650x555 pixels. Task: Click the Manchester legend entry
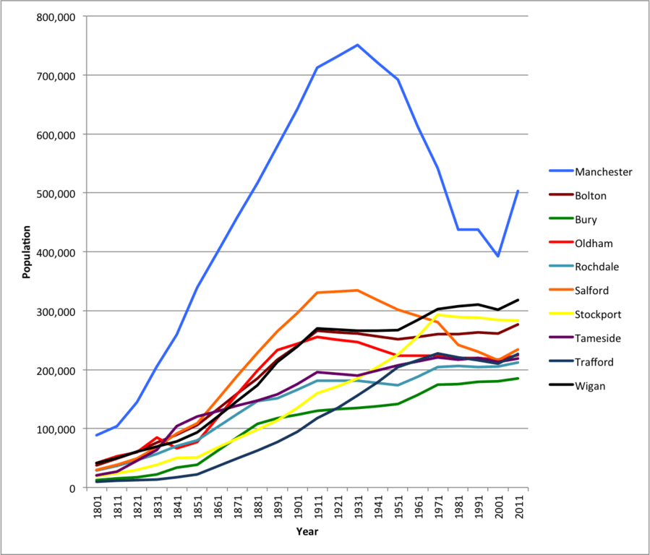point(603,172)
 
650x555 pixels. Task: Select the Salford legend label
point(591,291)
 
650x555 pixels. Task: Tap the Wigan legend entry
point(590,386)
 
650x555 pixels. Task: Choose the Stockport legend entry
point(598,314)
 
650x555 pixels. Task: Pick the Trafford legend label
point(594,362)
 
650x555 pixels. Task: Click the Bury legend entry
point(586,220)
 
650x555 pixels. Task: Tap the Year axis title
point(307,532)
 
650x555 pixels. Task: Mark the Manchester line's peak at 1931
point(357,45)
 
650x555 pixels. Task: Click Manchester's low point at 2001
point(497,256)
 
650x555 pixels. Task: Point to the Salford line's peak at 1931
point(357,291)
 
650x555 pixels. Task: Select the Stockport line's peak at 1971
point(437,315)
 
